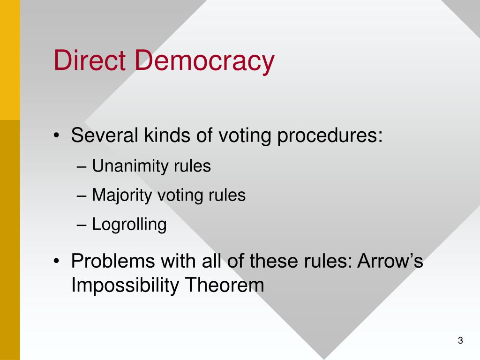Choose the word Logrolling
click(x=129, y=225)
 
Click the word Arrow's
click(x=390, y=261)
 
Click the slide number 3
click(x=460, y=341)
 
